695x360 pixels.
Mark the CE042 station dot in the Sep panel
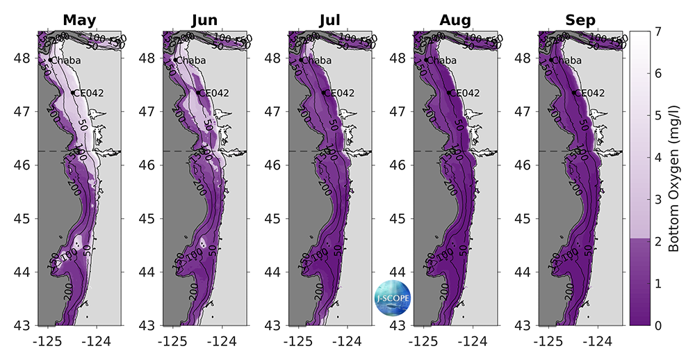click(x=575, y=92)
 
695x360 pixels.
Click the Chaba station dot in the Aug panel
click(x=426, y=60)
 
